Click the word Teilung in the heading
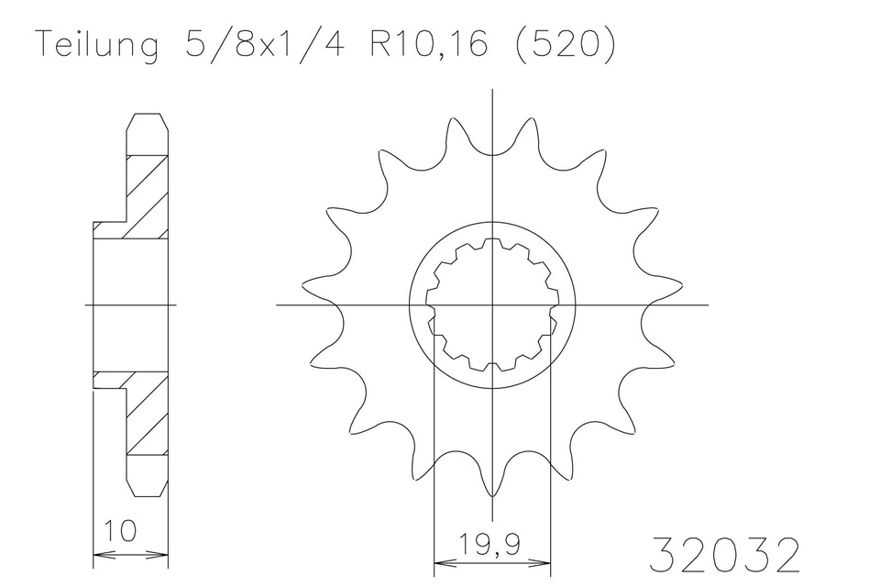coord(95,46)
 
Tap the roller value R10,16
coord(431,46)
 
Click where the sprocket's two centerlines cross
coord(493,305)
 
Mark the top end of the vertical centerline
coord(493,90)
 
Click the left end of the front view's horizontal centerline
coord(278,305)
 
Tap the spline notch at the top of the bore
coord(493,242)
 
